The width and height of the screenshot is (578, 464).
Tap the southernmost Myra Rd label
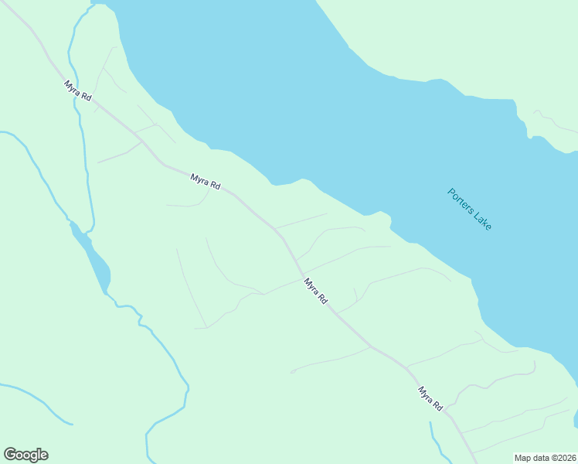(430, 398)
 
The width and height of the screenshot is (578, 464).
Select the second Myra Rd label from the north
(206, 182)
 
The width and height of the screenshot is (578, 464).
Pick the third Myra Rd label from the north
(315, 292)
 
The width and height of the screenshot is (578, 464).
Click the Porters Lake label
(469, 209)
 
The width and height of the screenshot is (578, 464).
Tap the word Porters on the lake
(460, 200)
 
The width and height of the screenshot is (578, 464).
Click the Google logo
(25, 455)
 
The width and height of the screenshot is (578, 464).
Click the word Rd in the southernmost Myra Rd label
(437, 405)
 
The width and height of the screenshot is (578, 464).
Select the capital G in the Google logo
(10, 455)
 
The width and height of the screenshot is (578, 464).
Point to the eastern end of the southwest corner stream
(71, 424)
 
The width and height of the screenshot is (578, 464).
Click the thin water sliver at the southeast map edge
(576, 418)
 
